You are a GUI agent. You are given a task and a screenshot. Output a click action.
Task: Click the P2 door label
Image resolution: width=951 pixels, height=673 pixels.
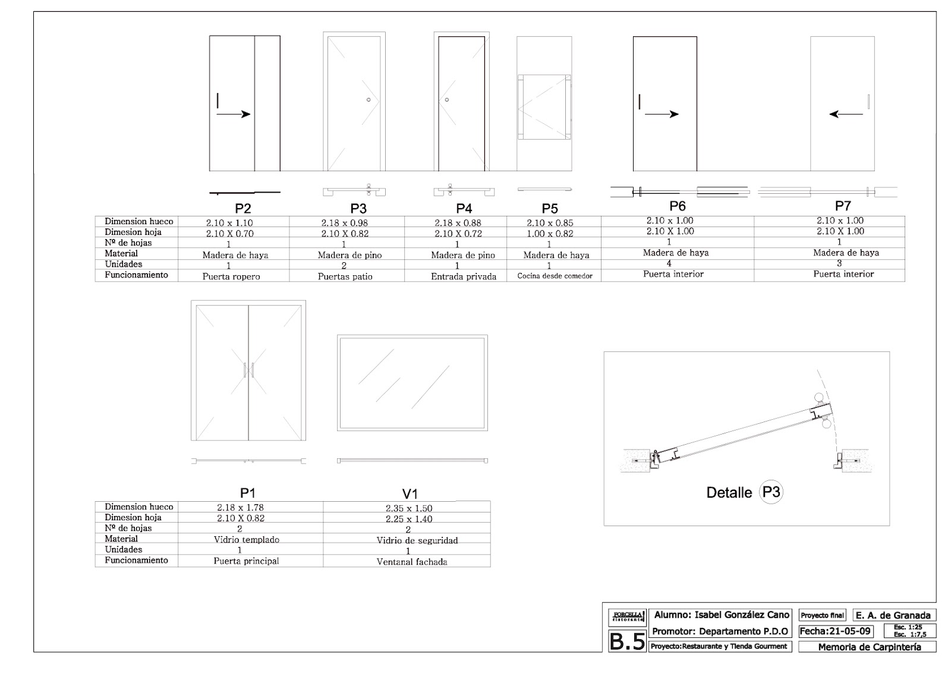tap(243, 209)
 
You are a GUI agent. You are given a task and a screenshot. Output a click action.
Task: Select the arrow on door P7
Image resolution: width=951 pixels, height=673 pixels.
tap(846, 114)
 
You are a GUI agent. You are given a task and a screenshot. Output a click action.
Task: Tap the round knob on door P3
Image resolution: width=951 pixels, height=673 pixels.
tap(369, 99)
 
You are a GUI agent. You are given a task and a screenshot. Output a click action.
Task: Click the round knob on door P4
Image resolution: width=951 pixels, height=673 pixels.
tap(447, 99)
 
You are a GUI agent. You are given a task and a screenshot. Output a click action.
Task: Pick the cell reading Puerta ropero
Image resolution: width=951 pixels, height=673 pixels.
tap(231, 276)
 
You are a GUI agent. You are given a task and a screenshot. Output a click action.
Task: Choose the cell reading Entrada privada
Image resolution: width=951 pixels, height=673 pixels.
tap(464, 276)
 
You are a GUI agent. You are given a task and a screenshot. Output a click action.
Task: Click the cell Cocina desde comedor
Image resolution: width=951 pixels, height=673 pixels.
tap(555, 276)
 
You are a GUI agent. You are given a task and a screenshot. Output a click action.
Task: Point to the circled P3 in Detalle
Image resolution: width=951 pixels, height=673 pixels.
tap(771, 492)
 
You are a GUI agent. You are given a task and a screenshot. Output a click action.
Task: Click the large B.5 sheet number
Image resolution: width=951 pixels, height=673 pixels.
tap(627, 641)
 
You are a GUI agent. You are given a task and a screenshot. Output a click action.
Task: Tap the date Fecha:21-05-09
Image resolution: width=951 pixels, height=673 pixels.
tap(836, 631)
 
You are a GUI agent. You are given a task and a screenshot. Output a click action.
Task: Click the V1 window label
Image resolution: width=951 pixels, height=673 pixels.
tap(410, 494)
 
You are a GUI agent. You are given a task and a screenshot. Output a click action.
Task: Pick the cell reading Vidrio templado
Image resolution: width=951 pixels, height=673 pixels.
tap(246, 540)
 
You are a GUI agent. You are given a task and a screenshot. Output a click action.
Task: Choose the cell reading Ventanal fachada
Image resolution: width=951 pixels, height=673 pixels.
tap(412, 562)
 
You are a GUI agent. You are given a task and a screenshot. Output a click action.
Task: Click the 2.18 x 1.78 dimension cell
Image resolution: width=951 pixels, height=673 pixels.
tap(240, 508)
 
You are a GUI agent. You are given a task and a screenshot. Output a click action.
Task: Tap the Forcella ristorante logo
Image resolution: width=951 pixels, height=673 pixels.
tap(627, 617)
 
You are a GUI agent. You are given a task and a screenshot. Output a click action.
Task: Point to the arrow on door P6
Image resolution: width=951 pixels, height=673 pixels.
tap(662, 114)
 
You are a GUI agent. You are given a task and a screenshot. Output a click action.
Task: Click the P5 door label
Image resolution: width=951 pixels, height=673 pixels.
tap(550, 209)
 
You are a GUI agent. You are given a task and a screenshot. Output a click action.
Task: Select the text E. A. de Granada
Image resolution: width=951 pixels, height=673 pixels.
tap(893, 615)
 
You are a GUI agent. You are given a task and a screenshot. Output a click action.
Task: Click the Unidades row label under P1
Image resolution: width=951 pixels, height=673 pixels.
tap(124, 549)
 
